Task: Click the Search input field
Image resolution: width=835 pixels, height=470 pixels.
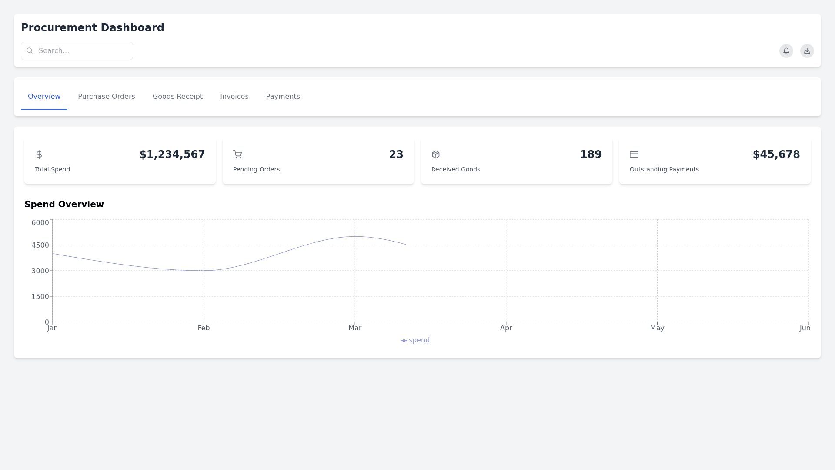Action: point(77,51)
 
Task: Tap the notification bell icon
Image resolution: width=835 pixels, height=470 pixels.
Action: point(786,51)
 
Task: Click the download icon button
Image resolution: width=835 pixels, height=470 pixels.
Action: point(807,51)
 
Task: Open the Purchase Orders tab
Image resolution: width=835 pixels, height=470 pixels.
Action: point(107,97)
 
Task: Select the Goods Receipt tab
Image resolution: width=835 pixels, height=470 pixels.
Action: point(177,97)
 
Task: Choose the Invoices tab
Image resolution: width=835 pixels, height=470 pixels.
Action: point(234,97)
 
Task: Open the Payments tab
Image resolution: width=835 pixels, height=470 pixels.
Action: point(283,97)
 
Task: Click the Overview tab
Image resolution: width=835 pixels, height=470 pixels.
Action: point(44,97)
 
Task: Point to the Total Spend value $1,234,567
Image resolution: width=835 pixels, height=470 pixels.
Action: point(172,154)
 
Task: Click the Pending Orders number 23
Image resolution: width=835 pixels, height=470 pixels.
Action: point(396,154)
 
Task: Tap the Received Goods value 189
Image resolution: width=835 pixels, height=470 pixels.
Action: point(591,154)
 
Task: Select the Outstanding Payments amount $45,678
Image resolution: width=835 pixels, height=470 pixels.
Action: point(776,154)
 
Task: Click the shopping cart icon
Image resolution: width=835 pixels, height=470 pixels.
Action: point(237,154)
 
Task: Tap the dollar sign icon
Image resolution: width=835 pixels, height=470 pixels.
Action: point(39,154)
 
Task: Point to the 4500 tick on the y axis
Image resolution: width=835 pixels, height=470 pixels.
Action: point(40,245)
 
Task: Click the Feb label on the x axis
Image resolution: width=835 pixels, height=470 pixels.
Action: point(204,328)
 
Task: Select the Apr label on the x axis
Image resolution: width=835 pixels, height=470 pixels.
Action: point(506,328)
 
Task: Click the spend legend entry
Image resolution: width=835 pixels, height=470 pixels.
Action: point(415,340)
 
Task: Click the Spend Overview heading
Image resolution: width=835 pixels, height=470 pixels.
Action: point(64,205)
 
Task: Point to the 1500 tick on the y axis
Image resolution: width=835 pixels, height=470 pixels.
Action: point(40,297)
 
